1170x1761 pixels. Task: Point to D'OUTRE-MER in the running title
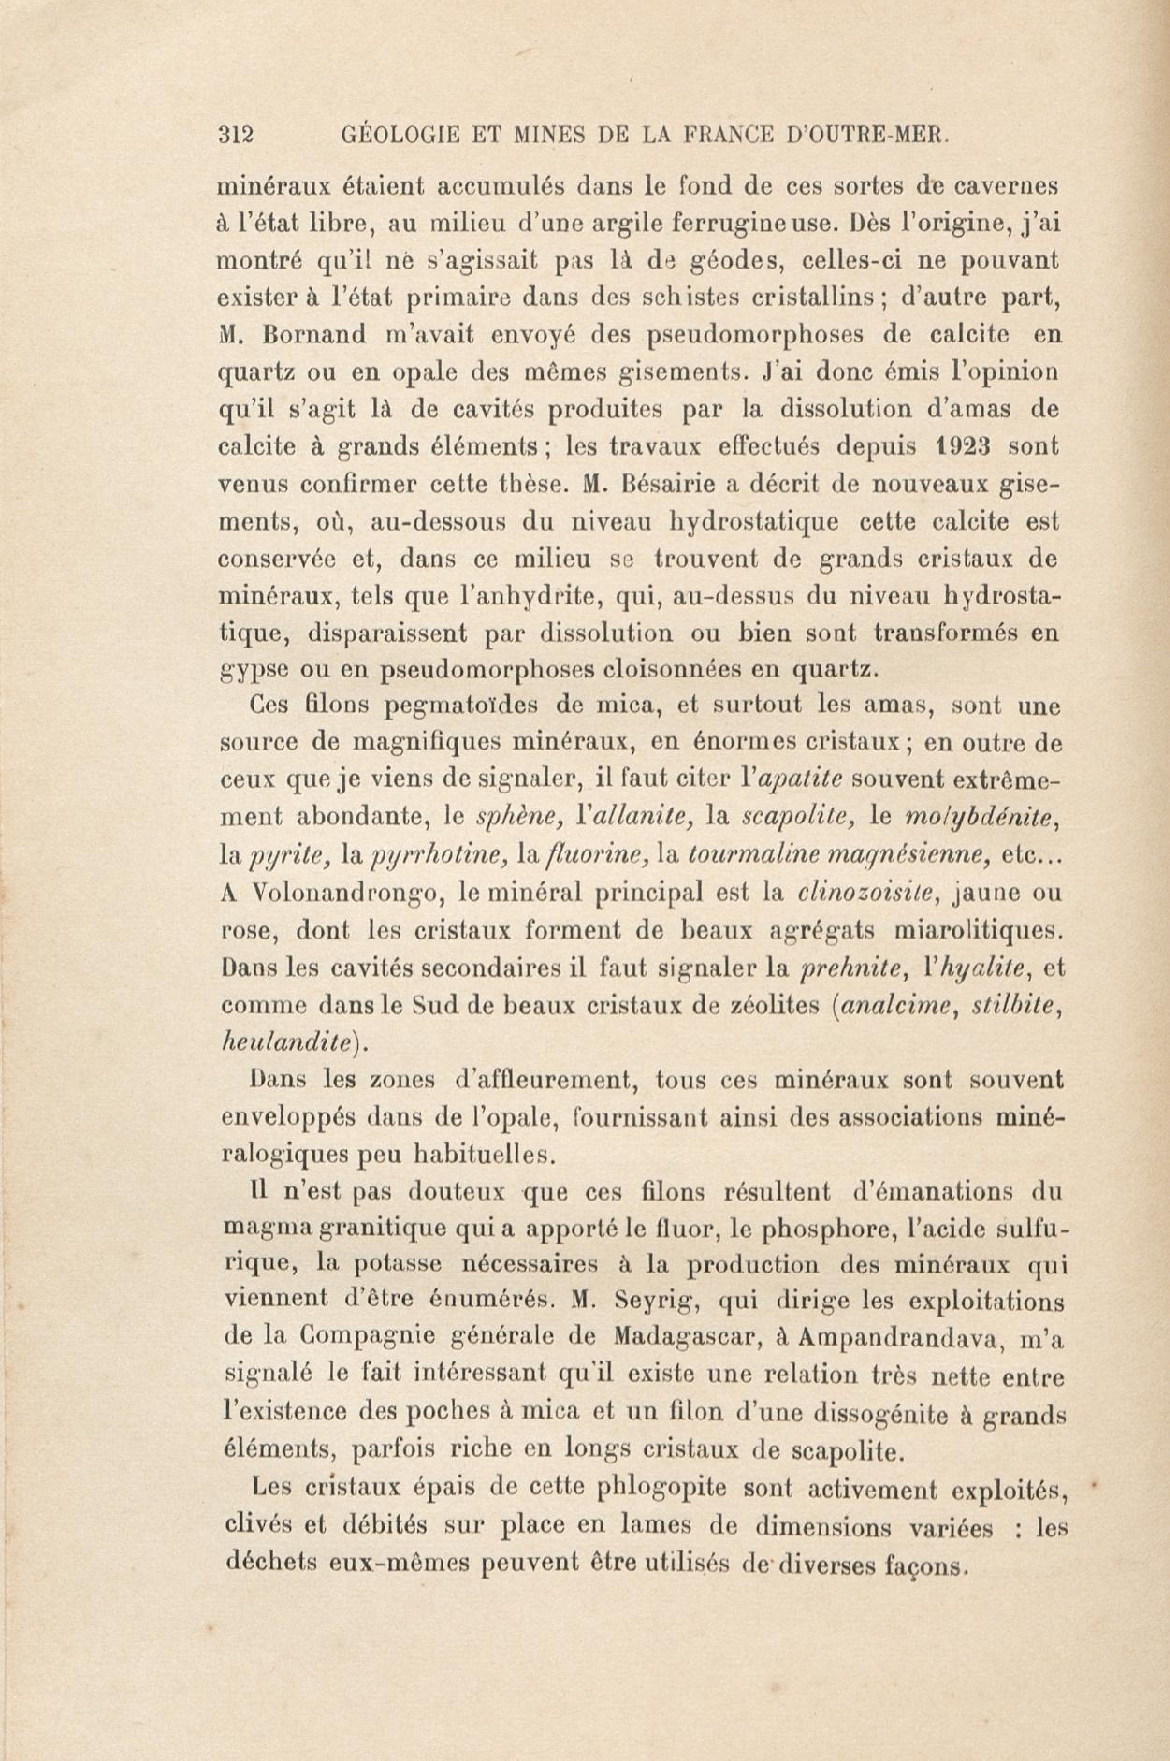pyautogui.click(x=867, y=136)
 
